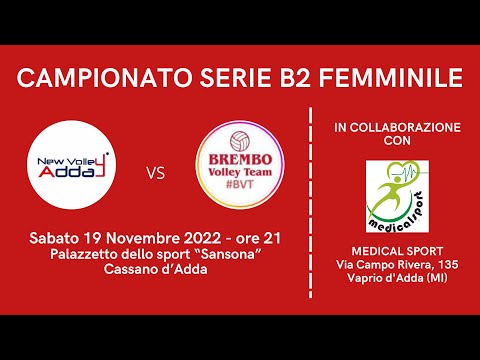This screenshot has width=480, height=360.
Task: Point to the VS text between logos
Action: tap(156, 172)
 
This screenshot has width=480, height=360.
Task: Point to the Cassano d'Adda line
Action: tap(154, 270)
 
